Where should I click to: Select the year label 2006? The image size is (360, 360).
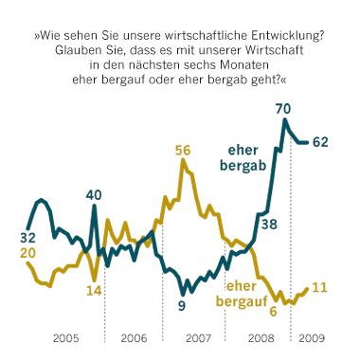(133, 337)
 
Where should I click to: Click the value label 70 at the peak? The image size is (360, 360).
(282, 110)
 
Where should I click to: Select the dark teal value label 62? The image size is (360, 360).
(322, 142)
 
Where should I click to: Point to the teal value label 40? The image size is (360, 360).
(93, 195)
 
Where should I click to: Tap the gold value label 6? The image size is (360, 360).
(272, 309)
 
